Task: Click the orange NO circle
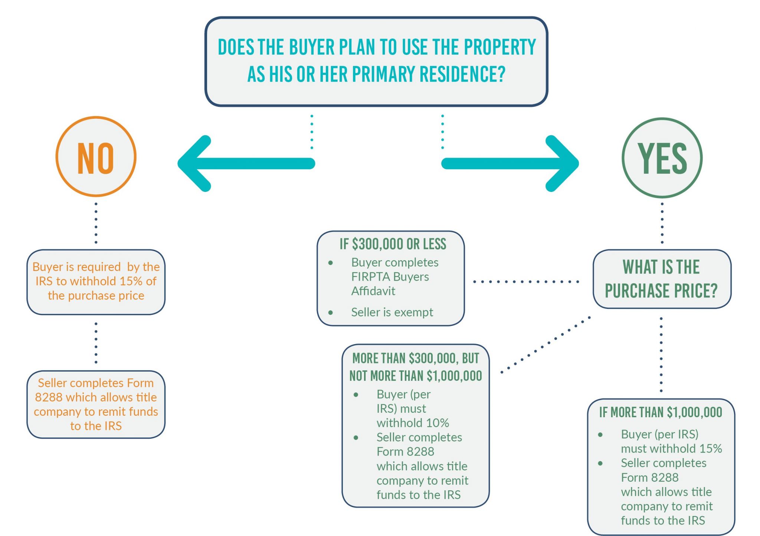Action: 96,157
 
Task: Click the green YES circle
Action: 662,158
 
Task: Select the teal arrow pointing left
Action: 246,163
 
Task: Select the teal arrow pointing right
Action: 510,163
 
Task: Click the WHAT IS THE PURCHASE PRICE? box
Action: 662,279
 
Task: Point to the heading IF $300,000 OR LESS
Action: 393,244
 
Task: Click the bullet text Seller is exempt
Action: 392,312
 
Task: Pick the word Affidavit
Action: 373,291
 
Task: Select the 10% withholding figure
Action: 438,423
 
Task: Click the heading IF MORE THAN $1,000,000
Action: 661,412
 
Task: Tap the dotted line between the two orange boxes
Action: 96,343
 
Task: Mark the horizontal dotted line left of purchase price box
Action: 526,282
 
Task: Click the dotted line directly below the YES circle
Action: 662,223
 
